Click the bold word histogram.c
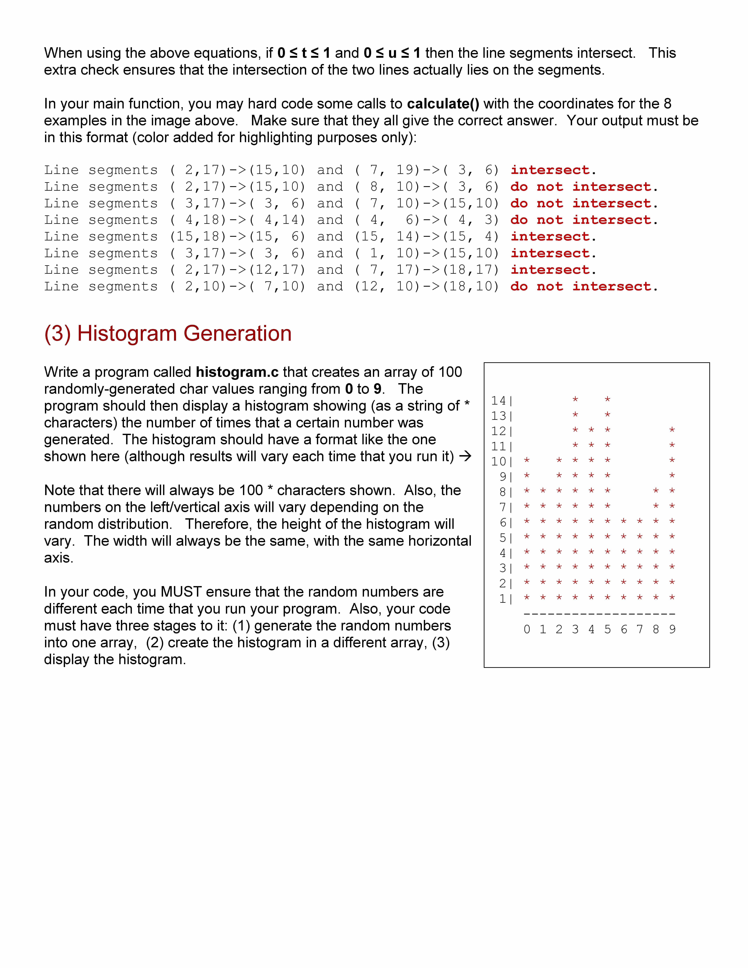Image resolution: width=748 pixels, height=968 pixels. pyautogui.click(x=237, y=372)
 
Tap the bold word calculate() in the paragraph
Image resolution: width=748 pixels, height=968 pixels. pyautogui.click(x=443, y=104)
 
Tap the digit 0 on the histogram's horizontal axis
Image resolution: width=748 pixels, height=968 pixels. pyautogui.click(x=526, y=629)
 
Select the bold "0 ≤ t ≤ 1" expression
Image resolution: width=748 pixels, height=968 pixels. pyautogui.click(x=303, y=53)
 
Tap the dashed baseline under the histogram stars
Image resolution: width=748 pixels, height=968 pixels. pyautogui.click(x=599, y=614)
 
